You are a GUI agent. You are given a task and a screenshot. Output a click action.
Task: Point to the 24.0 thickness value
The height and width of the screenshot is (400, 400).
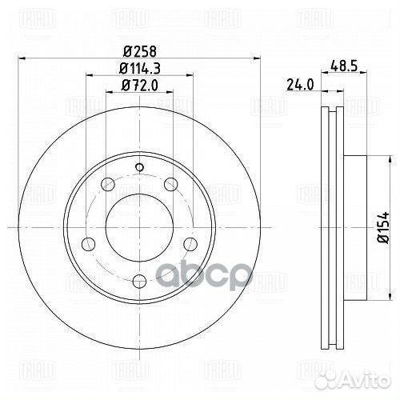(x=300, y=82)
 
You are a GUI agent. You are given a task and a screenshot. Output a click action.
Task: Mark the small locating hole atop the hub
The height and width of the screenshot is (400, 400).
(x=138, y=167)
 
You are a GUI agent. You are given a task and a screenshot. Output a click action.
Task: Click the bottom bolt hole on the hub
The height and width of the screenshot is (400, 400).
(x=138, y=279)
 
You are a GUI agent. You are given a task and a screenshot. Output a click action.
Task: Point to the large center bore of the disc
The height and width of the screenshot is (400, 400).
(x=138, y=227)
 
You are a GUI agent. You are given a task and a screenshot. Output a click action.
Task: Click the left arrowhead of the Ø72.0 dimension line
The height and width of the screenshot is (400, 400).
(x=108, y=94)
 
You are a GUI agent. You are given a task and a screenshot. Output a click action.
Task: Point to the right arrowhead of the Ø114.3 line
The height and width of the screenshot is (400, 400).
(x=190, y=76)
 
